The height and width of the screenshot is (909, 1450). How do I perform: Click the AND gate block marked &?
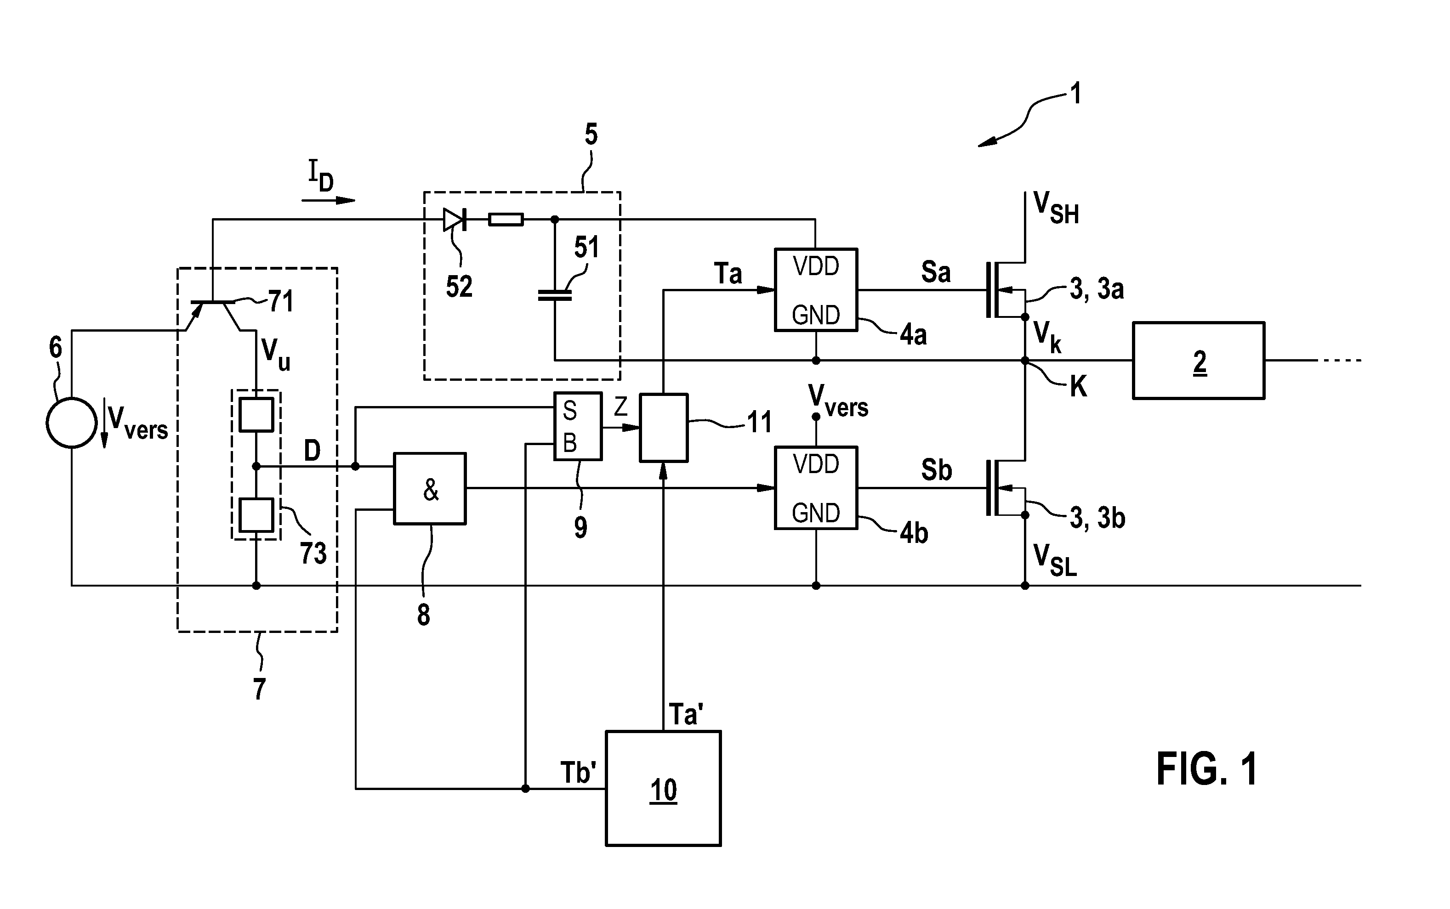pyautogui.click(x=429, y=488)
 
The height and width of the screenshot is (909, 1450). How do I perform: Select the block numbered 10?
pyautogui.click(x=663, y=788)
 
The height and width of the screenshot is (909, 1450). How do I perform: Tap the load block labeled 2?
pyautogui.click(x=1199, y=361)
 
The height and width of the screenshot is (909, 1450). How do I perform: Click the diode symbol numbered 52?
pyautogui.click(x=455, y=220)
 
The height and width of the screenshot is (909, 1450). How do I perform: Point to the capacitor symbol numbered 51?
pyautogui.click(x=555, y=294)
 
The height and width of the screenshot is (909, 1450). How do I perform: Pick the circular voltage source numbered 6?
pyautogui.click(x=72, y=423)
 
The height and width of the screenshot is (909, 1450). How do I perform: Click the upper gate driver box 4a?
pyautogui.click(x=815, y=290)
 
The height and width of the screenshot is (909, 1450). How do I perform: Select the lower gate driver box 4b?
pyautogui.click(x=815, y=487)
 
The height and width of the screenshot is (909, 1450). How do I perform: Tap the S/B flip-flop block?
pyautogui.click(x=577, y=426)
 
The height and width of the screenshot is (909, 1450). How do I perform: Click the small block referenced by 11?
pyautogui.click(x=663, y=428)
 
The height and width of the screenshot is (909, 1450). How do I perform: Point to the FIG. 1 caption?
pyautogui.click(x=1206, y=769)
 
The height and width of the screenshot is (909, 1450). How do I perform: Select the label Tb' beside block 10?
pyautogui.click(x=578, y=773)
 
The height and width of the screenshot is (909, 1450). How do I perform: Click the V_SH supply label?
pyautogui.click(x=1056, y=208)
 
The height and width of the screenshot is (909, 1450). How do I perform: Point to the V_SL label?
pyautogui.click(x=1055, y=560)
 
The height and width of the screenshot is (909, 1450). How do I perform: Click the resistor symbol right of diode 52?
pyautogui.click(x=506, y=220)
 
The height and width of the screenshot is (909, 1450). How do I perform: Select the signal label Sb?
pyautogui.click(x=936, y=469)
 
